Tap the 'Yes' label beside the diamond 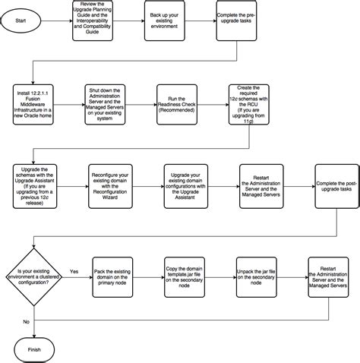coord(74,270)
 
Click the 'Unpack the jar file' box coord(257,278)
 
